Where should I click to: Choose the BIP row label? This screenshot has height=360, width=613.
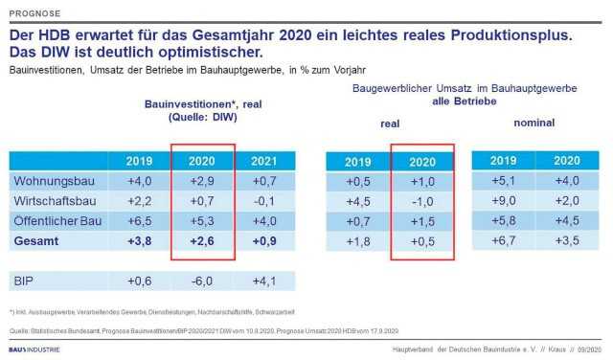(24, 281)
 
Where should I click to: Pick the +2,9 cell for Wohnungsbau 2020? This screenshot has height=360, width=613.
(200, 179)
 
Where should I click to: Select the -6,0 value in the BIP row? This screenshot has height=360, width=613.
(200, 281)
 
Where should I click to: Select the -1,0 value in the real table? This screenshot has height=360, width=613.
(420, 201)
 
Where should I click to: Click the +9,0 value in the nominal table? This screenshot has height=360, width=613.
(504, 200)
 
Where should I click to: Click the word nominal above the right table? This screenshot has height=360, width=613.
(534, 124)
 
